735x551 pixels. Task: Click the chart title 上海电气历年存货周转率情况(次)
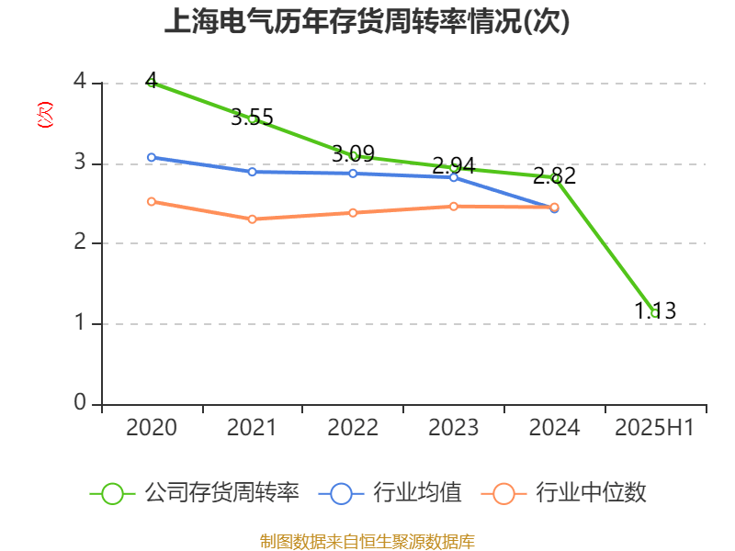coord(367,22)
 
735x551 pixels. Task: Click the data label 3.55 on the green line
coord(252,118)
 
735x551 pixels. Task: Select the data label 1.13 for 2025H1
coord(655,311)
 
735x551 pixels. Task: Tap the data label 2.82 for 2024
coord(554,176)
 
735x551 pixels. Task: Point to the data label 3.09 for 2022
coord(353,153)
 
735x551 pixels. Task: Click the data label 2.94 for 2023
coord(454,166)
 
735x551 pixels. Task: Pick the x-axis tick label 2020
coord(152,428)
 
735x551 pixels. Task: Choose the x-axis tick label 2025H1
coord(654,428)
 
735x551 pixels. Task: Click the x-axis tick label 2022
coord(353,428)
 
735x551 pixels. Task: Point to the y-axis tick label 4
coord(80,83)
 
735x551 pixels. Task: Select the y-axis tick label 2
coord(80,243)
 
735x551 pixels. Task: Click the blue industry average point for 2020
coord(152,157)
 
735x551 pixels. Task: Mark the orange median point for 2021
coord(252,219)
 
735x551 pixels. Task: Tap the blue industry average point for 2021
coord(252,172)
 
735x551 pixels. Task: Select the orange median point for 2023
coord(454,207)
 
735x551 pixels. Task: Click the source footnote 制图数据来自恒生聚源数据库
coord(367,541)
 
